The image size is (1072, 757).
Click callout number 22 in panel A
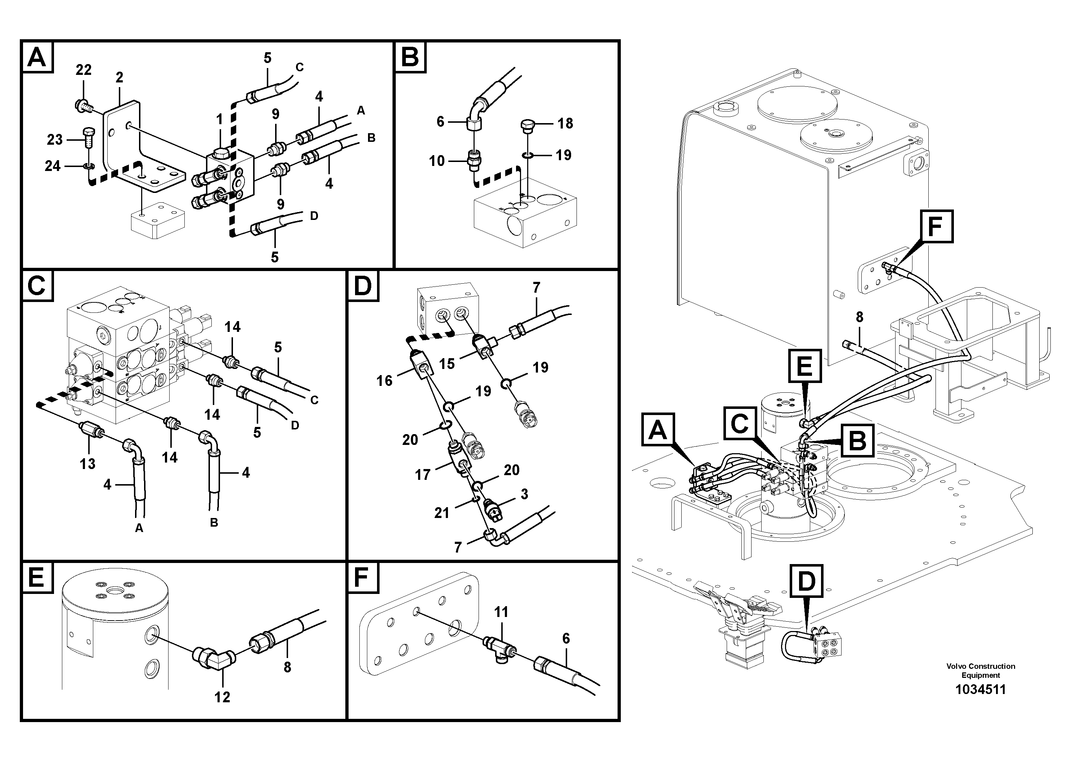[x=84, y=70]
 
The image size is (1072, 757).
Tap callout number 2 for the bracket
[x=120, y=77]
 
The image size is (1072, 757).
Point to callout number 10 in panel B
[x=437, y=161]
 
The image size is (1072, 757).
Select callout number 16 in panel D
[x=385, y=381]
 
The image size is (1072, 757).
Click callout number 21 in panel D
[x=442, y=513]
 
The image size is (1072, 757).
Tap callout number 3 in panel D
[x=524, y=494]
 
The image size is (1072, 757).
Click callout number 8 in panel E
[x=287, y=667]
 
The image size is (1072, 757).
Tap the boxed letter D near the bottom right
[x=806, y=581]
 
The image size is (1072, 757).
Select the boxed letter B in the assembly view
[x=858, y=440]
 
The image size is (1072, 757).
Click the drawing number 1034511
[x=981, y=689]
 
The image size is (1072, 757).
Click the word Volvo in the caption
[x=955, y=666]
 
